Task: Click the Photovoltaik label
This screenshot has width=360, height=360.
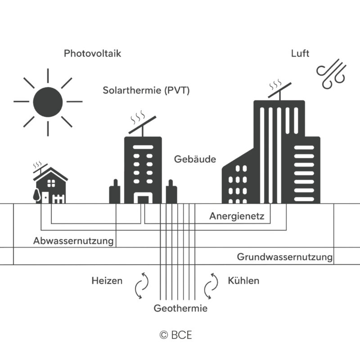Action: click(92, 54)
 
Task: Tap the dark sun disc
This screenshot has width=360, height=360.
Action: click(48, 102)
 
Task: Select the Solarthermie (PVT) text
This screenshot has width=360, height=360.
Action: click(146, 90)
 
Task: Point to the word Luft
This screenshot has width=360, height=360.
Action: click(300, 54)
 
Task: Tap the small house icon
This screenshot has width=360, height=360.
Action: click(51, 185)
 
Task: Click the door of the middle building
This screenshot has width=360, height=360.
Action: click(143, 199)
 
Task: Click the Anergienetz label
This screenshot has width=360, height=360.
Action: click(240, 216)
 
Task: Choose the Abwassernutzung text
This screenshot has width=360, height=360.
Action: click(73, 241)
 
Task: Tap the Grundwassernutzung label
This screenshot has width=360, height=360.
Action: click(285, 257)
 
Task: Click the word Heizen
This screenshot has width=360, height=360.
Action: click(107, 281)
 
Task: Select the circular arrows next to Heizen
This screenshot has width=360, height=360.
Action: click(141, 285)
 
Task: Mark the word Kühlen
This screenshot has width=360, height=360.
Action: click(243, 281)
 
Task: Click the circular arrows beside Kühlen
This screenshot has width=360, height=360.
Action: click(209, 285)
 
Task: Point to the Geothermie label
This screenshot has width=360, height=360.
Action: click(180, 309)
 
